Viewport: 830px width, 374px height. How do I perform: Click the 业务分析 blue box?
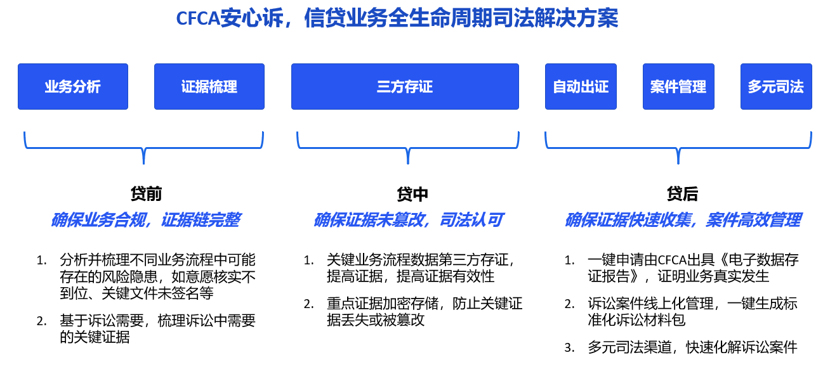pyautogui.click(x=73, y=87)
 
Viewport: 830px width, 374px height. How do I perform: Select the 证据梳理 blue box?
pyautogui.click(x=209, y=87)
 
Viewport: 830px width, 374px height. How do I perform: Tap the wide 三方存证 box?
pyautogui.click(x=405, y=87)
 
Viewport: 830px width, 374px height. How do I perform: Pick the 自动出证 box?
pyautogui.click(x=581, y=87)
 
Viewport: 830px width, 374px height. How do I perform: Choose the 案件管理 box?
pyautogui.click(x=678, y=87)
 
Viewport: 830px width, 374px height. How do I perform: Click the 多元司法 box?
pyautogui.click(x=776, y=87)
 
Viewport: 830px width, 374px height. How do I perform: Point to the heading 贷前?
pyautogui.click(x=146, y=194)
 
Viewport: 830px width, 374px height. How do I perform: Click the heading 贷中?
pyautogui.click(x=412, y=194)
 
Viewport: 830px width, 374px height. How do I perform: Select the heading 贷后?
pyautogui.click(x=682, y=194)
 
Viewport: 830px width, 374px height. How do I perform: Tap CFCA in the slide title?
pyautogui.click(x=198, y=18)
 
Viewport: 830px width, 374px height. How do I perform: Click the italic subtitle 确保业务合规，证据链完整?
pyautogui.click(x=145, y=220)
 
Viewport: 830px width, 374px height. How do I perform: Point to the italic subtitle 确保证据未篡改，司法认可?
pyautogui.click(x=408, y=220)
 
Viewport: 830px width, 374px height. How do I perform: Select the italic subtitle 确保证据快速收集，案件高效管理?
pyautogui.click(x=683, y=220)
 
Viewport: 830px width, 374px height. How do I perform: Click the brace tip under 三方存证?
pyautogui.click(x=408, y=164)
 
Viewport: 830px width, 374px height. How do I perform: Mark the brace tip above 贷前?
pyautogui.click(x=144, y=164)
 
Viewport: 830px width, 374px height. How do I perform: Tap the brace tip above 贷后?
pyautogui.click(x=678, y=164)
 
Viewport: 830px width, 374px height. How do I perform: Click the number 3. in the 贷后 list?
pyautogui.click(x=569, y=348)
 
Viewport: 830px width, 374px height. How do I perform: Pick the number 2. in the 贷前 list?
pyautogui.click(x=41, y=321)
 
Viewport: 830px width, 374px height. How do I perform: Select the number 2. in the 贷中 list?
pyautogui.click(x=308, y=304)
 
